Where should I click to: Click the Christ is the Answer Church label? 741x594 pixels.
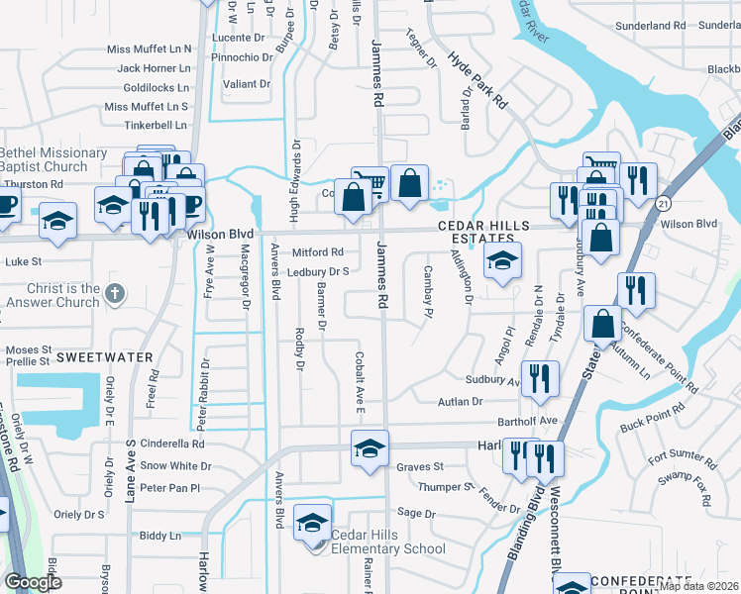click(50, 295)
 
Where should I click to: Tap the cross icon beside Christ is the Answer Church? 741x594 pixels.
click(115, 293)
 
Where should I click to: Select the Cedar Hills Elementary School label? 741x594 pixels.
click(388, 543)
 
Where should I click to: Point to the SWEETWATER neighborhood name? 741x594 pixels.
click(104, 356)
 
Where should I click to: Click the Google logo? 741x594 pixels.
click(33, 582)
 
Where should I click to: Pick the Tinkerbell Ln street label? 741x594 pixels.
click(156, 126)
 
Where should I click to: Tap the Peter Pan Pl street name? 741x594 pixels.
click(169, 488)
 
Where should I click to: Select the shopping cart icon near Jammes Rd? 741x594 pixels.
click(369, 182)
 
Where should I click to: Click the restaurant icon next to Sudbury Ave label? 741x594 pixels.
click(541, 378)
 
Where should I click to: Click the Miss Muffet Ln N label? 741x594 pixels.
click(149, 49)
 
